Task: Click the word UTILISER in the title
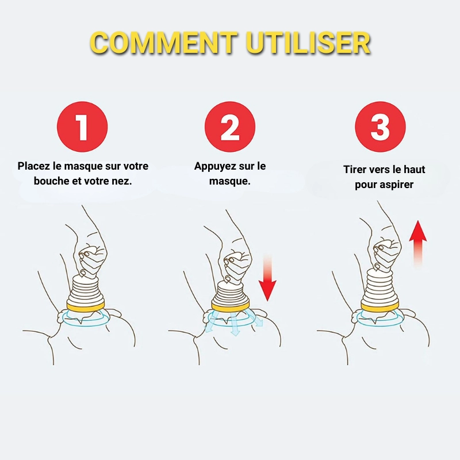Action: (x=308, y=43)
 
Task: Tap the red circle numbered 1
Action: (x=82, y=126)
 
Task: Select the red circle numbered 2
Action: (x=230, y=126)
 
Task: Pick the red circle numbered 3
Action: (x=380, y=126)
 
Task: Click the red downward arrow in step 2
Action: (x=267, y=278)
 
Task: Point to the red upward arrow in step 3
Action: (x=418, y=243)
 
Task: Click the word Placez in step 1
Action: (x=34, y=166)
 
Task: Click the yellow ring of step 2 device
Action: (x=231, y=306)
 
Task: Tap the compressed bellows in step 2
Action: (x=231, y=293)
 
